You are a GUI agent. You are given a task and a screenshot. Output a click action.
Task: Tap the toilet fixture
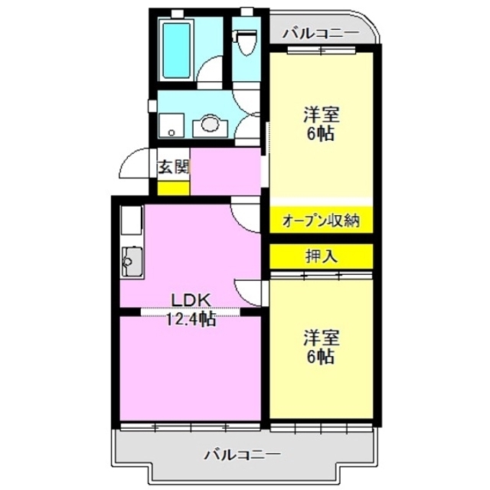pos(246,43)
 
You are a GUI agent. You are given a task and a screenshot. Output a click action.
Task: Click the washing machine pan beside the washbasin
pos(171,125)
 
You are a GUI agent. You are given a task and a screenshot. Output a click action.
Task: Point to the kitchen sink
pos(132,262)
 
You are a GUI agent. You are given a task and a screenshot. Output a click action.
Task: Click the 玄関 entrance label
pos(174,168)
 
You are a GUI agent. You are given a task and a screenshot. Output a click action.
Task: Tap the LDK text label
pos(191,300)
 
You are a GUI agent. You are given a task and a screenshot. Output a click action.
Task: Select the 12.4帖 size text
pos(191,319)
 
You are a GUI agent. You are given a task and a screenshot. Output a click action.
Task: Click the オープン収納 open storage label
pos(321,221)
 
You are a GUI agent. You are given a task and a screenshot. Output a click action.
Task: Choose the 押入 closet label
pos(321,256)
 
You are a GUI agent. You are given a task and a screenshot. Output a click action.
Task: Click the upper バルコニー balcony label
pos(321,33)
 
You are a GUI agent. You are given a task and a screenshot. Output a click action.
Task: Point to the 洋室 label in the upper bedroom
pos(322,115)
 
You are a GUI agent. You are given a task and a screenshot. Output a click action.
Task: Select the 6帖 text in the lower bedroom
pos(321,357)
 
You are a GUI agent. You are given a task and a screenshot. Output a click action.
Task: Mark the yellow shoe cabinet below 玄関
pos(173,188)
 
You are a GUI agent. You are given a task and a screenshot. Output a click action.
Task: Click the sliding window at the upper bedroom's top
pos(322,49)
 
